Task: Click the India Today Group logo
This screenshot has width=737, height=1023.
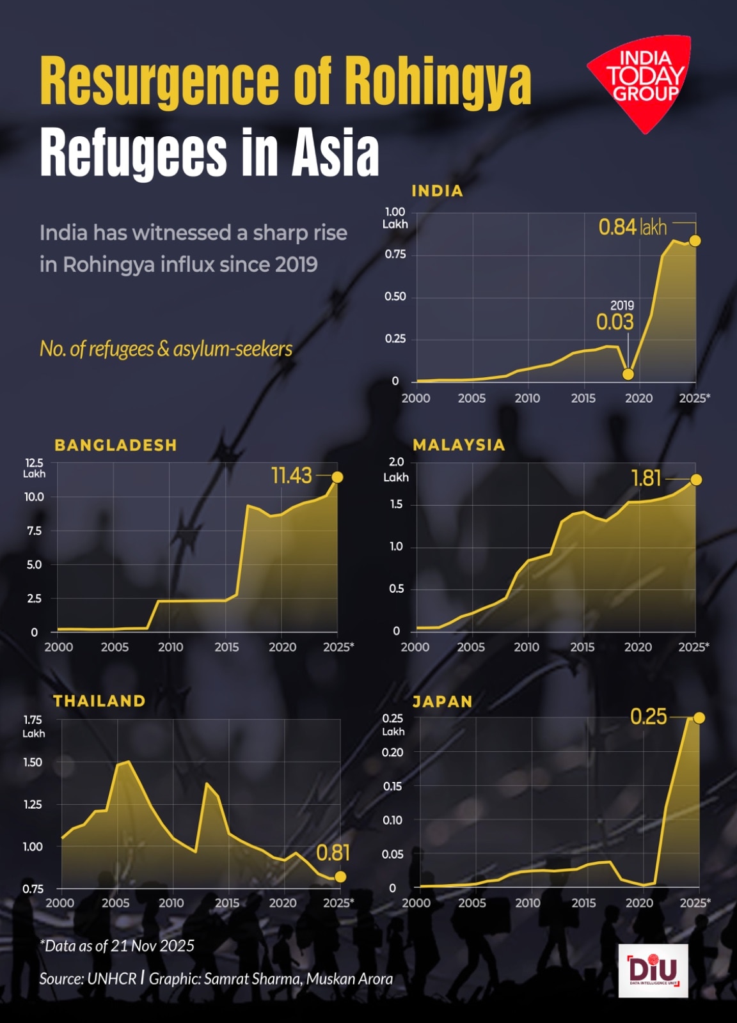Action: tap(642, 80)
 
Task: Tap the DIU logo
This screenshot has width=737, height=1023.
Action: tap(653, 970)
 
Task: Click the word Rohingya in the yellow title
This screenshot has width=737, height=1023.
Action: tap(438, 81)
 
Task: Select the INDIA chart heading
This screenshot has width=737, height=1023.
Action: tap(437, 191)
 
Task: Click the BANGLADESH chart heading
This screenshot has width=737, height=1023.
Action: tap(116, 445)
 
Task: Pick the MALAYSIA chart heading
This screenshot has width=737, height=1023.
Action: tap(459, 445)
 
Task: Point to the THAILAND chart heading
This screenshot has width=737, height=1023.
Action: tap(99, 701)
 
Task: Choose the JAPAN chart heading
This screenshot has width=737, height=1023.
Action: tap(442, 701)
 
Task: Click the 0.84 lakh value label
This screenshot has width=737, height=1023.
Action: tap(632, 227)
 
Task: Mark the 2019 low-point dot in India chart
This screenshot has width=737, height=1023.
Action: tap(628, 374)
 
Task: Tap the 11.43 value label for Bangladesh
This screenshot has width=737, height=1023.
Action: tap(292, 476)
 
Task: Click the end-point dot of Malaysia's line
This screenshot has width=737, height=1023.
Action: tap(696, 480)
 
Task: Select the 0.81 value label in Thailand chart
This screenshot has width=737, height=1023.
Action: tap(333, 852)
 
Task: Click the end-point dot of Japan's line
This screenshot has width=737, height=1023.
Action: tap(699, 718)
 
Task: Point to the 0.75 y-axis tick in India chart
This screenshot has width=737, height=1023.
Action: tap(395, 254)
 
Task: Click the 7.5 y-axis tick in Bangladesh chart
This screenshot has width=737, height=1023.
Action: tap(35, 531)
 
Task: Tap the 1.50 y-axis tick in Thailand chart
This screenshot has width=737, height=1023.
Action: tap(33, 762)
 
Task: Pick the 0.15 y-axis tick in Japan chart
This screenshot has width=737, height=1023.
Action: tap(392, 786)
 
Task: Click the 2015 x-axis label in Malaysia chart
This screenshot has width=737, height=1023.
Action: tap(582, 647)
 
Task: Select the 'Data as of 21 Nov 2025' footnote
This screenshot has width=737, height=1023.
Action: tap(117, 946)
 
